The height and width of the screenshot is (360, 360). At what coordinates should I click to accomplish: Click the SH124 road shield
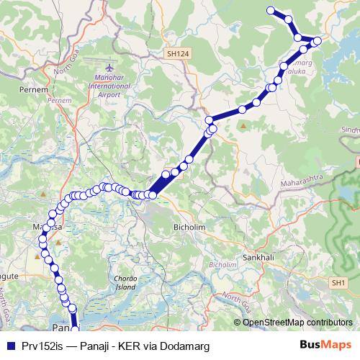[174, 53]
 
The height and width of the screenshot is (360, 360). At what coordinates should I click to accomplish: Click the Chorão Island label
[125, 282]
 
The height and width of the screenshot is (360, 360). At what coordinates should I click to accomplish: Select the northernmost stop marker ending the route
[271, 10]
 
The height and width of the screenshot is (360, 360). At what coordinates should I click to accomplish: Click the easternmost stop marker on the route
[317, 40]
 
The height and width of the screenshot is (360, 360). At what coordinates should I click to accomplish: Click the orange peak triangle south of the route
[243, 126]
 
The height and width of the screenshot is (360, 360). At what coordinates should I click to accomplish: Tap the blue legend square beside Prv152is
[10, 346]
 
